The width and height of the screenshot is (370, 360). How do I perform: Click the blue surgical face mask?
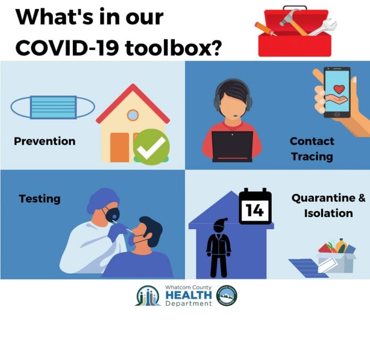(53, 107)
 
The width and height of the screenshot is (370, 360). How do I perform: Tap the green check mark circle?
(152, 147)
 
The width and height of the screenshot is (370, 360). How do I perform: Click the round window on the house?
(132, 115)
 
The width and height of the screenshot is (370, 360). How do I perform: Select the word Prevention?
(45, 141)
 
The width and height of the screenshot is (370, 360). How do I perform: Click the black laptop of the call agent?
(232, 146)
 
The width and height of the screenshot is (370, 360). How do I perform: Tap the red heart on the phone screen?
(339, 89)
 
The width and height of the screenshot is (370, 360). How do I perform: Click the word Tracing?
(312, 156)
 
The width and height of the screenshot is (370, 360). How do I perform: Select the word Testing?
(40, 199)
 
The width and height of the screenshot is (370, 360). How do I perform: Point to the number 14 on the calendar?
(254, 210)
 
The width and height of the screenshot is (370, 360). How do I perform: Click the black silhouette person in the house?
(218, 248)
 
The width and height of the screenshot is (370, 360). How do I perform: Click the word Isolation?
(329, 213)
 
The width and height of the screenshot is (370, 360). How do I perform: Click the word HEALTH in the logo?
(189, 295)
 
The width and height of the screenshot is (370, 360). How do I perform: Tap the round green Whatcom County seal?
(227, 295)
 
